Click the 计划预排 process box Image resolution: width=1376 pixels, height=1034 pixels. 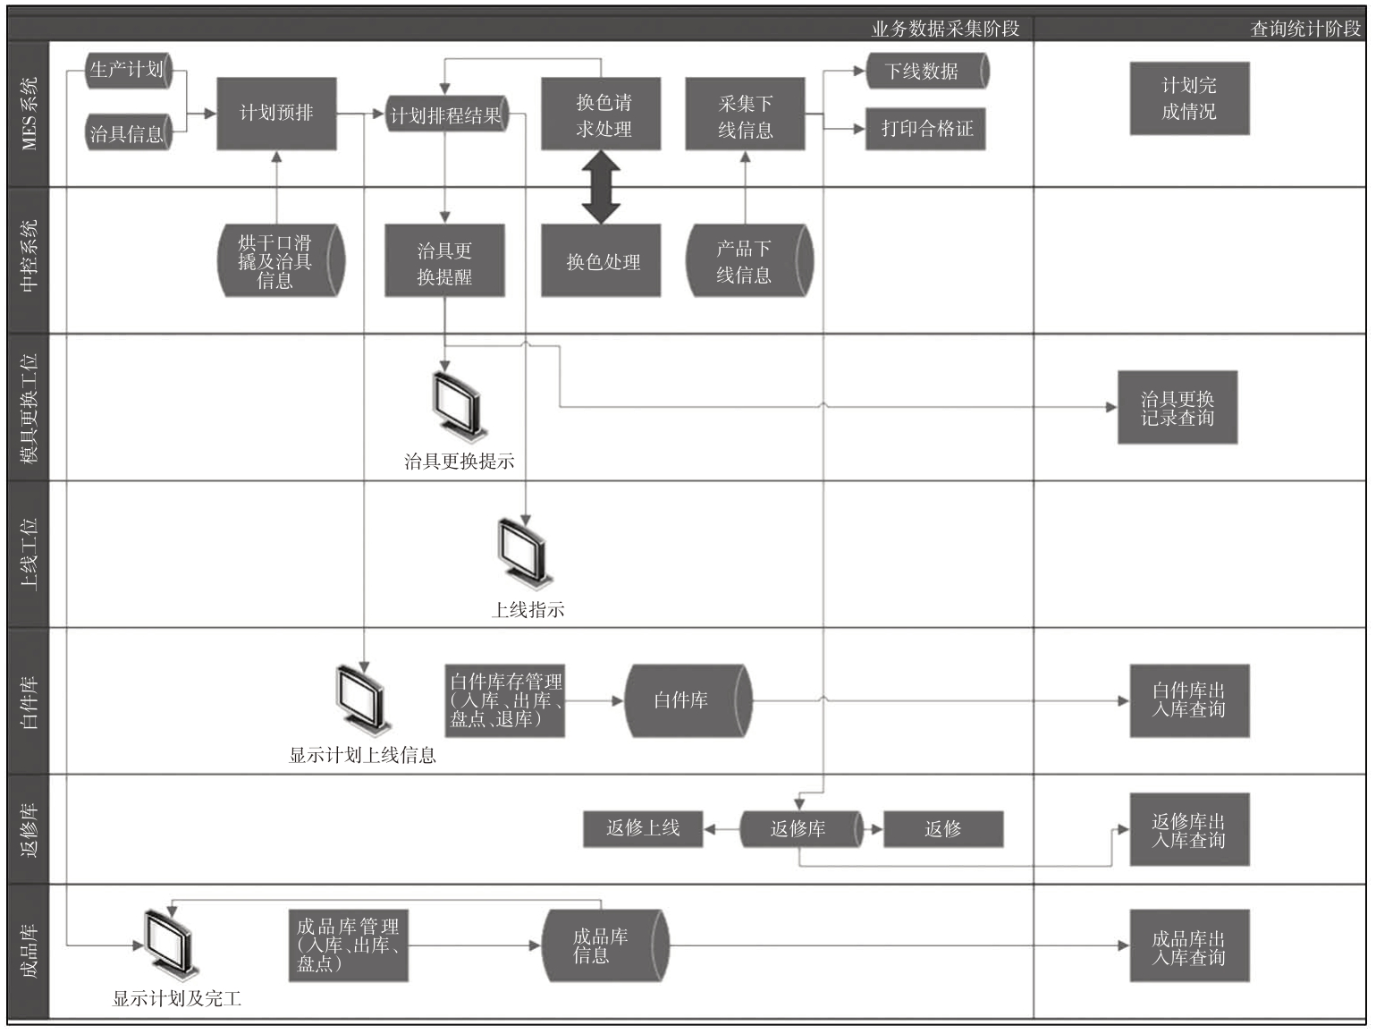276,114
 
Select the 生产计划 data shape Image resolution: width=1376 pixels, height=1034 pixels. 129,71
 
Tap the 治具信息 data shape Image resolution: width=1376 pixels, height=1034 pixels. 129,132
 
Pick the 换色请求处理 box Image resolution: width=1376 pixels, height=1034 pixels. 601,114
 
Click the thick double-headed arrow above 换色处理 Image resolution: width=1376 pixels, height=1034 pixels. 601,187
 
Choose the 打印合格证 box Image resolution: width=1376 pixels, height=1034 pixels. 925,129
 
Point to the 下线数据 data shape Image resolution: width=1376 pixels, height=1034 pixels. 928,71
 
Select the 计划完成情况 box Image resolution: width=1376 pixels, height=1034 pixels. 1189,98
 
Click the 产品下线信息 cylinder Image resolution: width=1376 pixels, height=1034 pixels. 749,260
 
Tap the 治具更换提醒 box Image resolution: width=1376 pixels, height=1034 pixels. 444,260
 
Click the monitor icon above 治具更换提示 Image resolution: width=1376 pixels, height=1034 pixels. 459,406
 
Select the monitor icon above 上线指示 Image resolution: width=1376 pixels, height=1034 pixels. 525,554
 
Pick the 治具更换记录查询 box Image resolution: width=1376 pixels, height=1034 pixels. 1178,408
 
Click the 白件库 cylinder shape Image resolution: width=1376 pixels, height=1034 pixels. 688,701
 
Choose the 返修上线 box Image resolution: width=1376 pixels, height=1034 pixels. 643,829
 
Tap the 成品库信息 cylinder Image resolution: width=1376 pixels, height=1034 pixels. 605,945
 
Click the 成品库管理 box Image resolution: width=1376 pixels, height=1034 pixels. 348,945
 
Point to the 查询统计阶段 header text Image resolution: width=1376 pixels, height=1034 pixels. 1305,29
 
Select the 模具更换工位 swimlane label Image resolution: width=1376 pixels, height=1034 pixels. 29,408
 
